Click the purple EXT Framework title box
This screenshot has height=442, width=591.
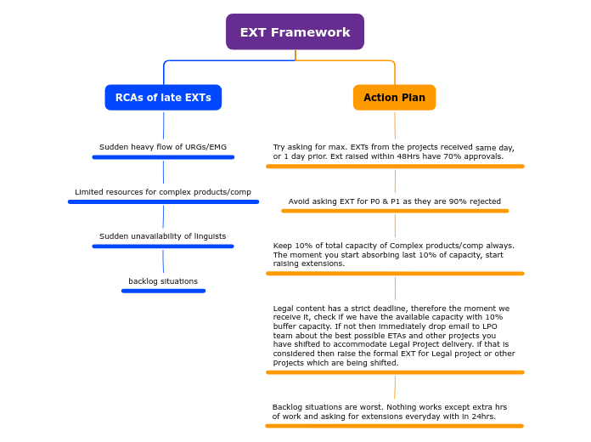click(x=295, y=32)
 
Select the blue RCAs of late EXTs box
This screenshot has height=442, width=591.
click(x=163, y=98)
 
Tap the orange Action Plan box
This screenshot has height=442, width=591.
click(x=394, y=98)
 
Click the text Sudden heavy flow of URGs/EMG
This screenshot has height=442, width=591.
click(x=163, y=147)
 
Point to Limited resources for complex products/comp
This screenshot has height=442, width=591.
click(x=163, y=192)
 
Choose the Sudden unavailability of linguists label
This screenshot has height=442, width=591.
click(x=163, y=236)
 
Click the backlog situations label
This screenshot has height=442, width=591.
click(x=163, y=281)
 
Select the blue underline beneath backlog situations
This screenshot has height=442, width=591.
click(x=163, y=291)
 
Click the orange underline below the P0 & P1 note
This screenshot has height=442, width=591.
click(x=395, y=211)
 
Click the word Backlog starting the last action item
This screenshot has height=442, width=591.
click(x=287, y=407)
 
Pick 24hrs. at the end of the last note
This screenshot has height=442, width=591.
click(x=483, y=416)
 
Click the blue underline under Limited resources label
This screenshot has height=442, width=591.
click(x=163, y=201)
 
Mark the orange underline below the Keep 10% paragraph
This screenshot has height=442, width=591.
click(x=395, y=274)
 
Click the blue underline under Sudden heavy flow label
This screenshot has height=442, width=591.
click(x=163, y=157)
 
